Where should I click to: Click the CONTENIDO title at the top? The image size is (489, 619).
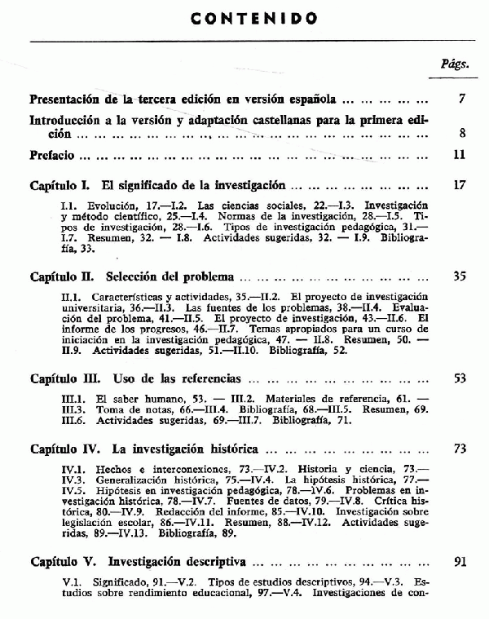pyautogui.click(x=244, y=18)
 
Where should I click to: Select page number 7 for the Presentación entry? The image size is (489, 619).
pyautogui.click(x=461, y=99)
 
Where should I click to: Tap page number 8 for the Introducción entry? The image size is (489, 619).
pyautogui.click(x=461, y=133)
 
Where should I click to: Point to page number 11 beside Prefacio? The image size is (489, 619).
pyautogui.click(x=459, y=154)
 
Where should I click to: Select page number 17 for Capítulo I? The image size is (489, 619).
pyautogui.click(x=459, y=185)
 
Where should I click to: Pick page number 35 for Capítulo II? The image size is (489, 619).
pyautogui.click(x=459, y=276)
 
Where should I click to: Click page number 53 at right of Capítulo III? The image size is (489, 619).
pyautogui.click(x=459, y=378)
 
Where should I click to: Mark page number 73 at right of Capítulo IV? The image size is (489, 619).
pyautogui.click(x=459, y=449)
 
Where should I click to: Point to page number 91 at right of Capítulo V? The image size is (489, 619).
pyautogui.click(x=459, y=562)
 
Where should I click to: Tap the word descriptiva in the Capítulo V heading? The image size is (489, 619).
pyautogui.click(x=214, y=562)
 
